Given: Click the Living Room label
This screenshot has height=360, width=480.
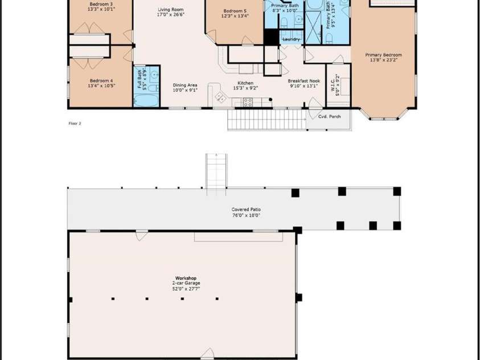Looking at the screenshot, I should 170,10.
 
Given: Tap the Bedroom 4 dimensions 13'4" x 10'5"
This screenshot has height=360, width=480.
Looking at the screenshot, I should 100,86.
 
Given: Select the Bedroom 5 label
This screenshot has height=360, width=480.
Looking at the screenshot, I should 235,11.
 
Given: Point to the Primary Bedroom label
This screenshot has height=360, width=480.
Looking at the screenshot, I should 383,55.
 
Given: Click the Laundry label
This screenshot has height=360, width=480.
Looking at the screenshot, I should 291,39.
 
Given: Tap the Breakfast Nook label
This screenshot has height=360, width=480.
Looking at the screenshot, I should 303,81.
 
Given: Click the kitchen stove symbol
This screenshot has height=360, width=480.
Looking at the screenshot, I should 248,102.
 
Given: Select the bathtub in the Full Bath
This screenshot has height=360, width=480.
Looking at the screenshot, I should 146,101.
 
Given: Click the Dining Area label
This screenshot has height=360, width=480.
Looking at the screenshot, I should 185,85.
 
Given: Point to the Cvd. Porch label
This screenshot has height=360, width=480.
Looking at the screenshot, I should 329,116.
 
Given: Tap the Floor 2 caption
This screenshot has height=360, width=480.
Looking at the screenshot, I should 75,123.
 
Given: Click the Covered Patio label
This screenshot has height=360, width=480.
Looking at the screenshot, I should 245,210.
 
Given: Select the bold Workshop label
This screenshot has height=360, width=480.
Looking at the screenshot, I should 186,278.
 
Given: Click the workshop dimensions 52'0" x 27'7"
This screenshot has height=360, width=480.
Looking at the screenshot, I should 186,288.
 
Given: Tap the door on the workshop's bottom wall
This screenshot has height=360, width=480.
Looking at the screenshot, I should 208,354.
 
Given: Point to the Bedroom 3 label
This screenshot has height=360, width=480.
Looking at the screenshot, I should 101,4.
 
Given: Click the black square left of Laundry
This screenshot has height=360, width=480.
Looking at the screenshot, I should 271,37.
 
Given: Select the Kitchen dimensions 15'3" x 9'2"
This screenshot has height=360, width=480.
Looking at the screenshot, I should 245,88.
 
